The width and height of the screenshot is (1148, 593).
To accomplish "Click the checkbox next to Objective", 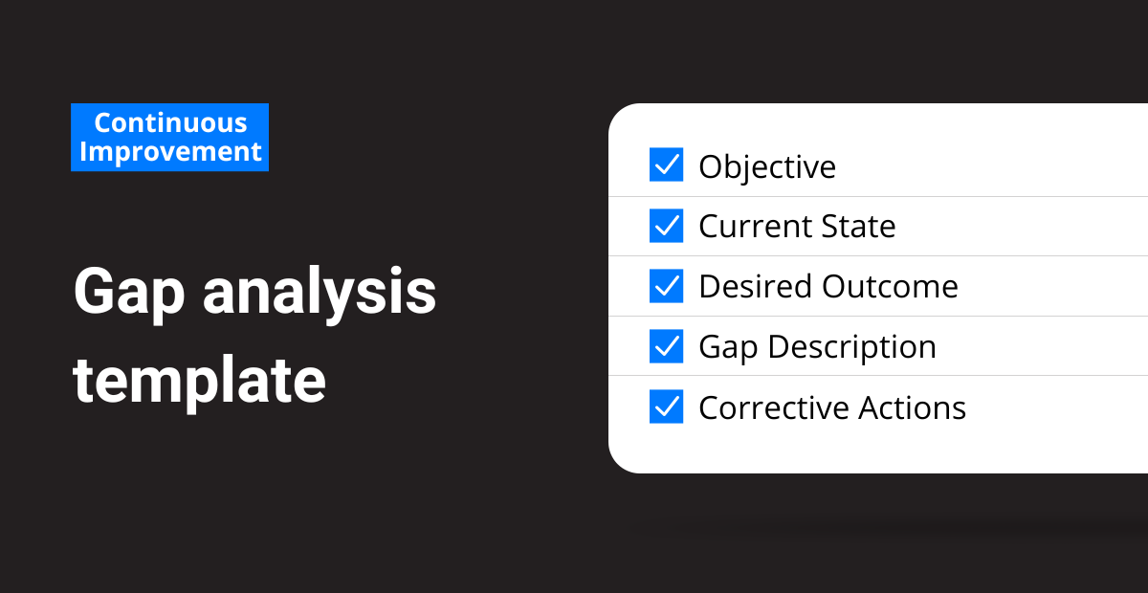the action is coord(666,165).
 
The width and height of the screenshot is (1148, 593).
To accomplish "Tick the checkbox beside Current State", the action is coord(666,226).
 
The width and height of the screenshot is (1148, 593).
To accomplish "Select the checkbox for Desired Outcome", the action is coord(666,286).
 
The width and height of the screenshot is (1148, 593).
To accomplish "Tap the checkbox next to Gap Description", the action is coord(666,346).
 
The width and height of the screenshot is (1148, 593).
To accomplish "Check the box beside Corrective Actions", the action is coord(666,406).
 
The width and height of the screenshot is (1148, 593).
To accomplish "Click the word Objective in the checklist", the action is coord(767,168).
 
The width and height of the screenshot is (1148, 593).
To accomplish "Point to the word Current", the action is coord(756,226).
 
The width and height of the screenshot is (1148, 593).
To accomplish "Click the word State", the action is coord(858,226).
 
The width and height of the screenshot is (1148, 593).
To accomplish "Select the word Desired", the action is coord(756,286).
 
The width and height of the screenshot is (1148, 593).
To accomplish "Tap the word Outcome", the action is coord(891,286).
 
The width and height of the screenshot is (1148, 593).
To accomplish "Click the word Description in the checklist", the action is coord(852,347).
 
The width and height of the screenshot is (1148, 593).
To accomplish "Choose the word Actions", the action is coord(913,408).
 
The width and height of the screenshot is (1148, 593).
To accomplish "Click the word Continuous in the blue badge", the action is coord(170,123).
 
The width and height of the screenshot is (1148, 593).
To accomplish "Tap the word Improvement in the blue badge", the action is coord(170,152).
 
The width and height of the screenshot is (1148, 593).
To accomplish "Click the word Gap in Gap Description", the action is coord(728,347).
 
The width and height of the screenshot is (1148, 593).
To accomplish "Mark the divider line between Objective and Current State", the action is coord(878,196).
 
